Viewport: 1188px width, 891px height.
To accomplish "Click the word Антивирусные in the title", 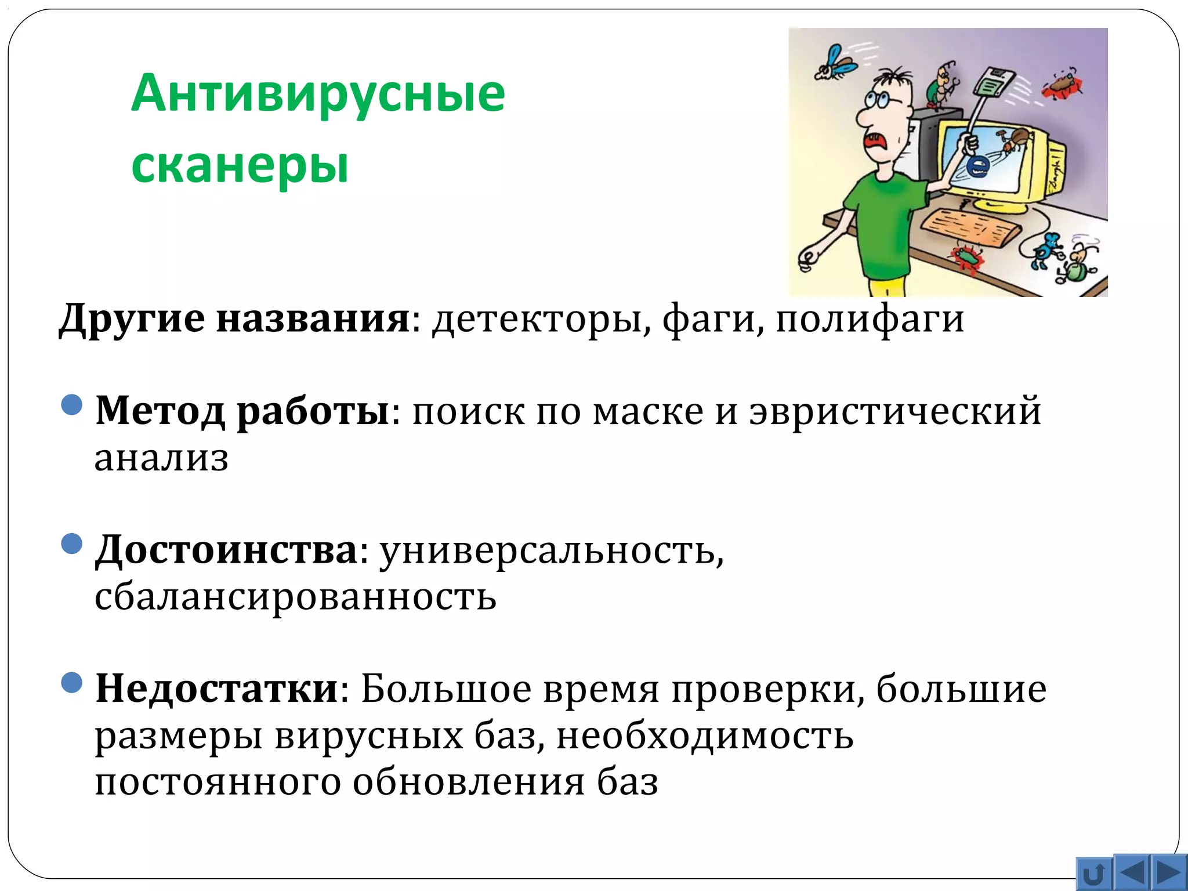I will click(318, 94).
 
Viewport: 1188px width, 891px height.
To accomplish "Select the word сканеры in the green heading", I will click(240, 165).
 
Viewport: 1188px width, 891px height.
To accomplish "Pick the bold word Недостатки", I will click(217, 689).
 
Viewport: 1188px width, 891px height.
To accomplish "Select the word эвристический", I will click(895, 411).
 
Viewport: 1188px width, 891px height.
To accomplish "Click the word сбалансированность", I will click(295, 597).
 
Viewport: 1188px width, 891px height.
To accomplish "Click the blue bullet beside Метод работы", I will click(72, 404).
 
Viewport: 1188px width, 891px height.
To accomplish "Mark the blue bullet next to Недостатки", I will click(72, 682).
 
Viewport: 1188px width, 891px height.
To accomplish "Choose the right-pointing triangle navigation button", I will click(1168, 872).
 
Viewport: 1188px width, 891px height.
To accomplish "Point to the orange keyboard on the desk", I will click(970, 227).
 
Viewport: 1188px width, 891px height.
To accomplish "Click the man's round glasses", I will click(880, 100).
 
